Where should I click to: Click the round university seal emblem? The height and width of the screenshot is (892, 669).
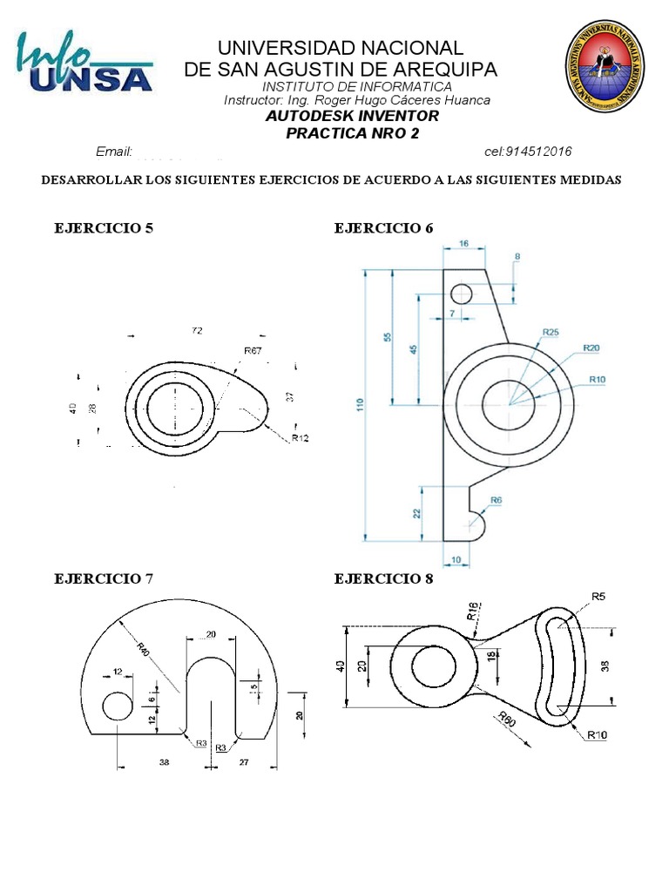pyautogui.click(x=605, y=68)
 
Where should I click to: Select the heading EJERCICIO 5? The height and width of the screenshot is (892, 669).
pyautogui.click(x=104, y=229)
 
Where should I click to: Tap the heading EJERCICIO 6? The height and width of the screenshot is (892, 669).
pyautogui.click(x=383, y=229)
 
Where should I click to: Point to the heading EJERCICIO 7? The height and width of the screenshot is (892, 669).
pyautogui.click(x=104, y=578)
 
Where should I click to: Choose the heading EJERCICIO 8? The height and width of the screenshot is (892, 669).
pyautogui.click(x=383, y=578)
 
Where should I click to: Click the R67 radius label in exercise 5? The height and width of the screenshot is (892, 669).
pyautogui.click(x=253, y=350)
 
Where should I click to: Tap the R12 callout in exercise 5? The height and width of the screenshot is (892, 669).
pyautogui.click(x=300, y=437)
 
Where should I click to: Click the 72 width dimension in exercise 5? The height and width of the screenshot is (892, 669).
pyautogui.click(x=197, y=330)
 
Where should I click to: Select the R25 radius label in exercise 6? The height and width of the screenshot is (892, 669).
pyautogui.click(x=551, y=332)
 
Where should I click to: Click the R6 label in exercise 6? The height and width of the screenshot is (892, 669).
pyautogui.click(x=496, y=500)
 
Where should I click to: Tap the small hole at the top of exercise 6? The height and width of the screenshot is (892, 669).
pyautogui.click(x=462, y=294)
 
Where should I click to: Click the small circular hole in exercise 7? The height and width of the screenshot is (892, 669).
pyautogui.click(x=118, y=706)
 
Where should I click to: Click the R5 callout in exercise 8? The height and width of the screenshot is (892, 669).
pyautogui.click(x=598, y=596)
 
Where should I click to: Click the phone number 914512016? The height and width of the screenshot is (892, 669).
pyautogui.click(x=528, y=152)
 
